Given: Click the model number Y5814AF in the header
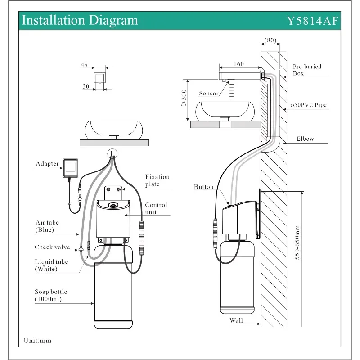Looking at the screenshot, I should click(313, 21).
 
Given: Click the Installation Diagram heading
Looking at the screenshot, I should click(80, 20).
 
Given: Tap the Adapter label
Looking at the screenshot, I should click(47, 164).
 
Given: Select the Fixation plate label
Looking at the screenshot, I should click(152, 180).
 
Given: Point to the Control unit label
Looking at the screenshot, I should click(156, 208).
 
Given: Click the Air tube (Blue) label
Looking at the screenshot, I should click(47, 226).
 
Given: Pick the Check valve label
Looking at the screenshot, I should click(52, 247).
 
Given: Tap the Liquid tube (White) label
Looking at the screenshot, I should click(52, 265).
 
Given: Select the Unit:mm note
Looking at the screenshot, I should click(38, 341).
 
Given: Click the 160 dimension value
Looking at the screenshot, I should click(238, 64).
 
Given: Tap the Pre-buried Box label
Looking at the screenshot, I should click(307, 70).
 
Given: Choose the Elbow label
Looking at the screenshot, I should click(305, 139).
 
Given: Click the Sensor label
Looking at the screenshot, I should click(208, 94).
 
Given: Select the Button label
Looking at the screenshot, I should click(204, 187).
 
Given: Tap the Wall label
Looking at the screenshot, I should click(236, 321).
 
